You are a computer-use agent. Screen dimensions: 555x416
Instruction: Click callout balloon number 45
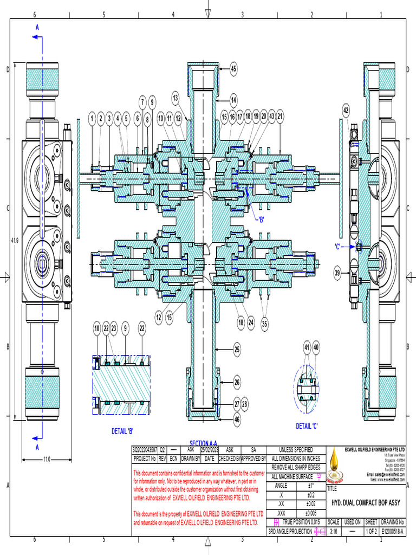coord(233,69)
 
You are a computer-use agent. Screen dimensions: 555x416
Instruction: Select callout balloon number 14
coord(233,100)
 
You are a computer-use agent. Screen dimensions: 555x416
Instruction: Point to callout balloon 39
coord(337,273)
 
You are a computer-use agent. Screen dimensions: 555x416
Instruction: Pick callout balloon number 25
coord(237,350)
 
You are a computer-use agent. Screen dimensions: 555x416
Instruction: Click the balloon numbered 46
coord(237,418)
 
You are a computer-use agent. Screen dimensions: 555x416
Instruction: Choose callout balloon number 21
coord(279,117)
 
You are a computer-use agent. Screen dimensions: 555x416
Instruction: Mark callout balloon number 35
coord(265,324)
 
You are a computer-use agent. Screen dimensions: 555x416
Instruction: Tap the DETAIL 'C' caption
coord(307,426)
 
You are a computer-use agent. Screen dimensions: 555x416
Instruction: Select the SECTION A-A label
coord(203,443)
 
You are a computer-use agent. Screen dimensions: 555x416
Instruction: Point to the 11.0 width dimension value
coord(47,460)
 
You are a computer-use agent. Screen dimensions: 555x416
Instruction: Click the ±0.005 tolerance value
coord(310,513)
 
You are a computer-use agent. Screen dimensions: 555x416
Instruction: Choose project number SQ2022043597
coord(145,450)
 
